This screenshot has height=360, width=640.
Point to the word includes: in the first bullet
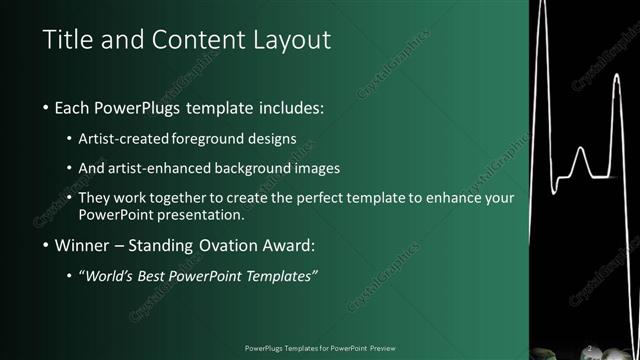pos(290,107)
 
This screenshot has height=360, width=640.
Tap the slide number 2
pos(589,348)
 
